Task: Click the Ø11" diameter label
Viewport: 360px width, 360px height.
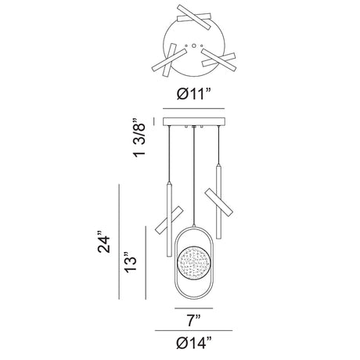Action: click(x=193, y=94)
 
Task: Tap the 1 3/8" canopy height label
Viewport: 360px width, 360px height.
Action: click(x=139, y=139)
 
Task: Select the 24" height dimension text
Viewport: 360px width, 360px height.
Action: click(x=104, y=242)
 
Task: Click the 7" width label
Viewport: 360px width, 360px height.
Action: click(x=194, y=321)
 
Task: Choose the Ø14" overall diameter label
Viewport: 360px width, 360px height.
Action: click(x=194, y=343)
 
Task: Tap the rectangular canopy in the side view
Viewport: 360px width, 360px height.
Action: click(x=193, y=121)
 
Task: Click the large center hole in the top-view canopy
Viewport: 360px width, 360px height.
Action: click(x=193, y=46)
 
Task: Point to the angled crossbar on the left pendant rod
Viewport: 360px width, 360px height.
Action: click(x=168, y=220)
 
